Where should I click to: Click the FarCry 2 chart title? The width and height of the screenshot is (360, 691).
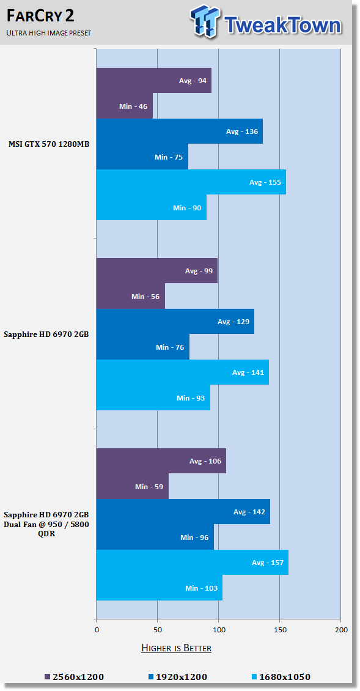click(x=40, y=17)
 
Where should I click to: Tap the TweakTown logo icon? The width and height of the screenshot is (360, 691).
click(x=206, y=21)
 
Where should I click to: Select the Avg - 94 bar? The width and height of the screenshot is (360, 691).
click(x=154, y=81)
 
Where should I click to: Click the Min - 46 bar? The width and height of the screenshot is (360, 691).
click(x=125, y=106)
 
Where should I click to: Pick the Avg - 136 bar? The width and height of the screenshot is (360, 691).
click(x=180, y=131)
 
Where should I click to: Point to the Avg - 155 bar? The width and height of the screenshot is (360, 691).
click(x=191, y=182)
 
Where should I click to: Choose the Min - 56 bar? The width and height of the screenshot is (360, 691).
click(x=131, y=297)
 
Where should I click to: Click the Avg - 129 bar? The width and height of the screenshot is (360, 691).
click(x=175, y=322)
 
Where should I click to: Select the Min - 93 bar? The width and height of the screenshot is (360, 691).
click(x=153, y=398)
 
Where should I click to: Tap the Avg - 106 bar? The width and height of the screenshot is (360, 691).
click(x=161, y=461)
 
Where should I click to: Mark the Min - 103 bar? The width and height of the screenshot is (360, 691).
click(x=160, y=588)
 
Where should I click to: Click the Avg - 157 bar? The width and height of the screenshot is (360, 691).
click(x=193, y=563)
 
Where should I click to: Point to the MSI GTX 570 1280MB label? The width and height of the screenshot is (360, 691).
click(x=49, y=144)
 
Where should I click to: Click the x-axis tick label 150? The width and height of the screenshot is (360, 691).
click(x=279, y=630)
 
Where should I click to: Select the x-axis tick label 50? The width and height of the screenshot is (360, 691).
click(x=157, y=630)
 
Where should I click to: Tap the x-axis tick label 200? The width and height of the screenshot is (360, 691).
click(x=341, y=630)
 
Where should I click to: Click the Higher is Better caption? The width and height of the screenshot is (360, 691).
click(x=176, y=648)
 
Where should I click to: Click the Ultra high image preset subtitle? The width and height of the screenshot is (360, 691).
click(x=48, y=33)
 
